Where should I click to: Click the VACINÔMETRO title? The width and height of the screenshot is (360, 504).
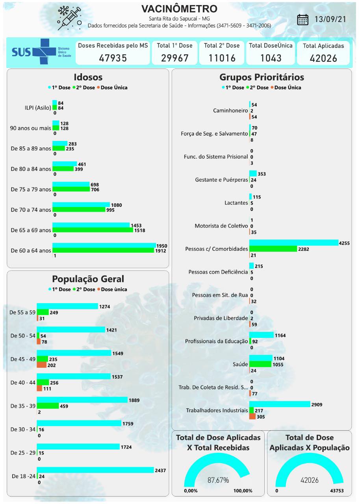179,9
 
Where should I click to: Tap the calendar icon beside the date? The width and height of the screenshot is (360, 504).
302,20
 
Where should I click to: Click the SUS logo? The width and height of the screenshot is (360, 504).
39,52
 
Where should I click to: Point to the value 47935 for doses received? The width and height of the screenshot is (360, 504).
113,58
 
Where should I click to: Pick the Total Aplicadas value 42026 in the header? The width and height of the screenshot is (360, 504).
323,58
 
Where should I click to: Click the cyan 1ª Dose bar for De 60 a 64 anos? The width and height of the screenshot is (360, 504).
104,246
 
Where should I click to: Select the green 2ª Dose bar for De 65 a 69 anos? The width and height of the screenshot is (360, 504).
93,230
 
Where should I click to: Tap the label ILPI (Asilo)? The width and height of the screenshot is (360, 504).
35,107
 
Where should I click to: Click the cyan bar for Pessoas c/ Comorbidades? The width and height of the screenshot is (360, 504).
293,243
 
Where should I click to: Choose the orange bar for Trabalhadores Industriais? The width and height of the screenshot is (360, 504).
252,417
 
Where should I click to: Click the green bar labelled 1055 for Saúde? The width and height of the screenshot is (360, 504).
260,364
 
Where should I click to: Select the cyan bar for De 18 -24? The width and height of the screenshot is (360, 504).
95,470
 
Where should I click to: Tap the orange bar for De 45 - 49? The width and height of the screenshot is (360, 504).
41,365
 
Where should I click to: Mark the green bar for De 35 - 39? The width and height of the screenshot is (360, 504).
48,406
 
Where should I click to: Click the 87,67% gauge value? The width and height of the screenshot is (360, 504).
218,480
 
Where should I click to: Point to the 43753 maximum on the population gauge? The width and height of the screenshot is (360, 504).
339,491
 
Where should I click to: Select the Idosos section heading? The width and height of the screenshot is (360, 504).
88,77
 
